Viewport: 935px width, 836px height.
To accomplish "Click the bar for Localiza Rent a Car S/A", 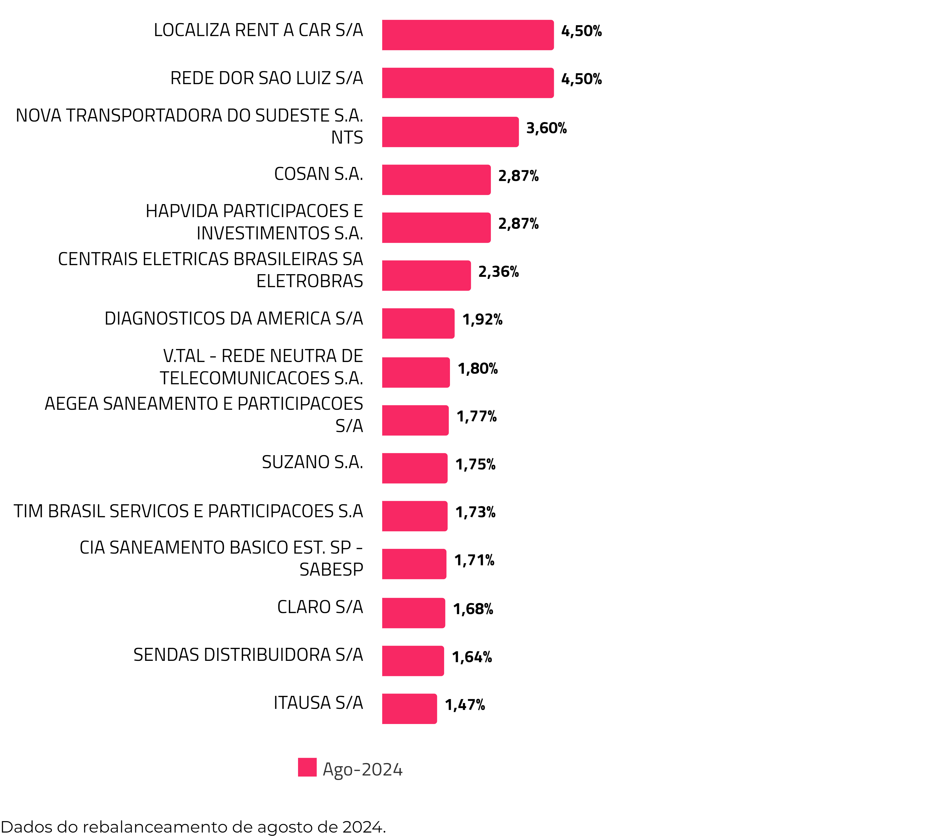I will click(x=467, y=35).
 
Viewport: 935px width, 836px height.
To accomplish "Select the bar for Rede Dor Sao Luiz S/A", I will click(x=467, y=83).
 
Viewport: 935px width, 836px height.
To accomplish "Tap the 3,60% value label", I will click(x=546, y=128).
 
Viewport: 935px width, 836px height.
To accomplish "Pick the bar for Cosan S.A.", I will click(x=436, y=180).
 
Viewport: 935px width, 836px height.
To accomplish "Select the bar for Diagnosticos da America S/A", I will click(x=418, y=323).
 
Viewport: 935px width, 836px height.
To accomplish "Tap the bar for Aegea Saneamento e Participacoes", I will click(x=415, y=420).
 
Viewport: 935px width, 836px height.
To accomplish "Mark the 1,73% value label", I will click(x=475, y=512).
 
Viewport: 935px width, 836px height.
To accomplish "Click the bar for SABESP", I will click(x=414, y=564).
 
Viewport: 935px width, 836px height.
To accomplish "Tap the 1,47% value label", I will click(x=465, y=705).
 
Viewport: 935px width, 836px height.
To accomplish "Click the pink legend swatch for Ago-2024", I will click(x=307, y=767).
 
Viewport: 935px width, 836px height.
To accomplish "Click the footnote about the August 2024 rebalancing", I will click(x=193, y=827).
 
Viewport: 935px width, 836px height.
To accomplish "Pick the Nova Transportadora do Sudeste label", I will click(x=189, y=126).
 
